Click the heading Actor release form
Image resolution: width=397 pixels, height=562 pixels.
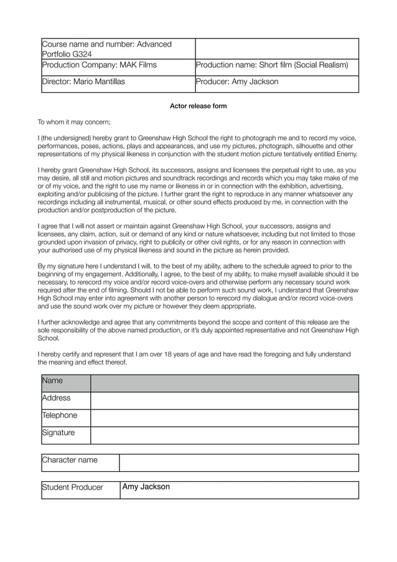[x=198, y=106]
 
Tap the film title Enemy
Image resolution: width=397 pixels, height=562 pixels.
[x=347, y=154]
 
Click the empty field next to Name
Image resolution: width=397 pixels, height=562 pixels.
[x=224, y=383]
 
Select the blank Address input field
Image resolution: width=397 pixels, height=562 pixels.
[x=224, y=401]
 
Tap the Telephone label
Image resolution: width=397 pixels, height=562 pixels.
[x=60, y=416]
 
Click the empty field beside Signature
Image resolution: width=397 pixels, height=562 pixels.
[x=224, y=435]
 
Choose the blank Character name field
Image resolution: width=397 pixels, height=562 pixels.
[x=238, y=463]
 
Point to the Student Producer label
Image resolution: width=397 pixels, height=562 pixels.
[x=73, y=487]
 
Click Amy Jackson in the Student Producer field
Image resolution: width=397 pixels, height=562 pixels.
[x=146, y=487]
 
